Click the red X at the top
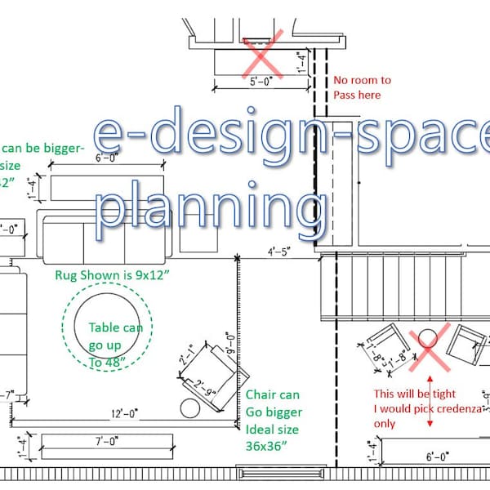point(264,55)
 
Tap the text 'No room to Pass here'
point(362,87)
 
